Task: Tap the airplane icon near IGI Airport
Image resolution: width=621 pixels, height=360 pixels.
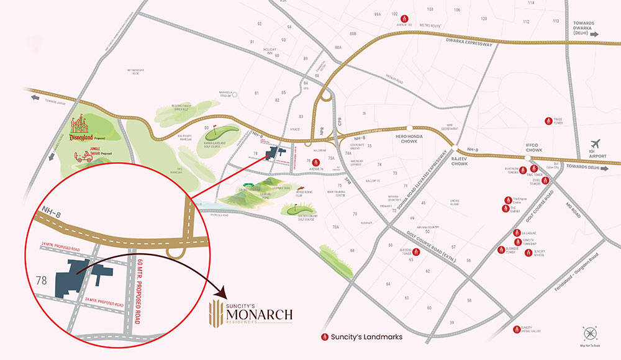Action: point(597,143)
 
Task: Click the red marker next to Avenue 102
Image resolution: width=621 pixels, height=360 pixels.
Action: point(405,18)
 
